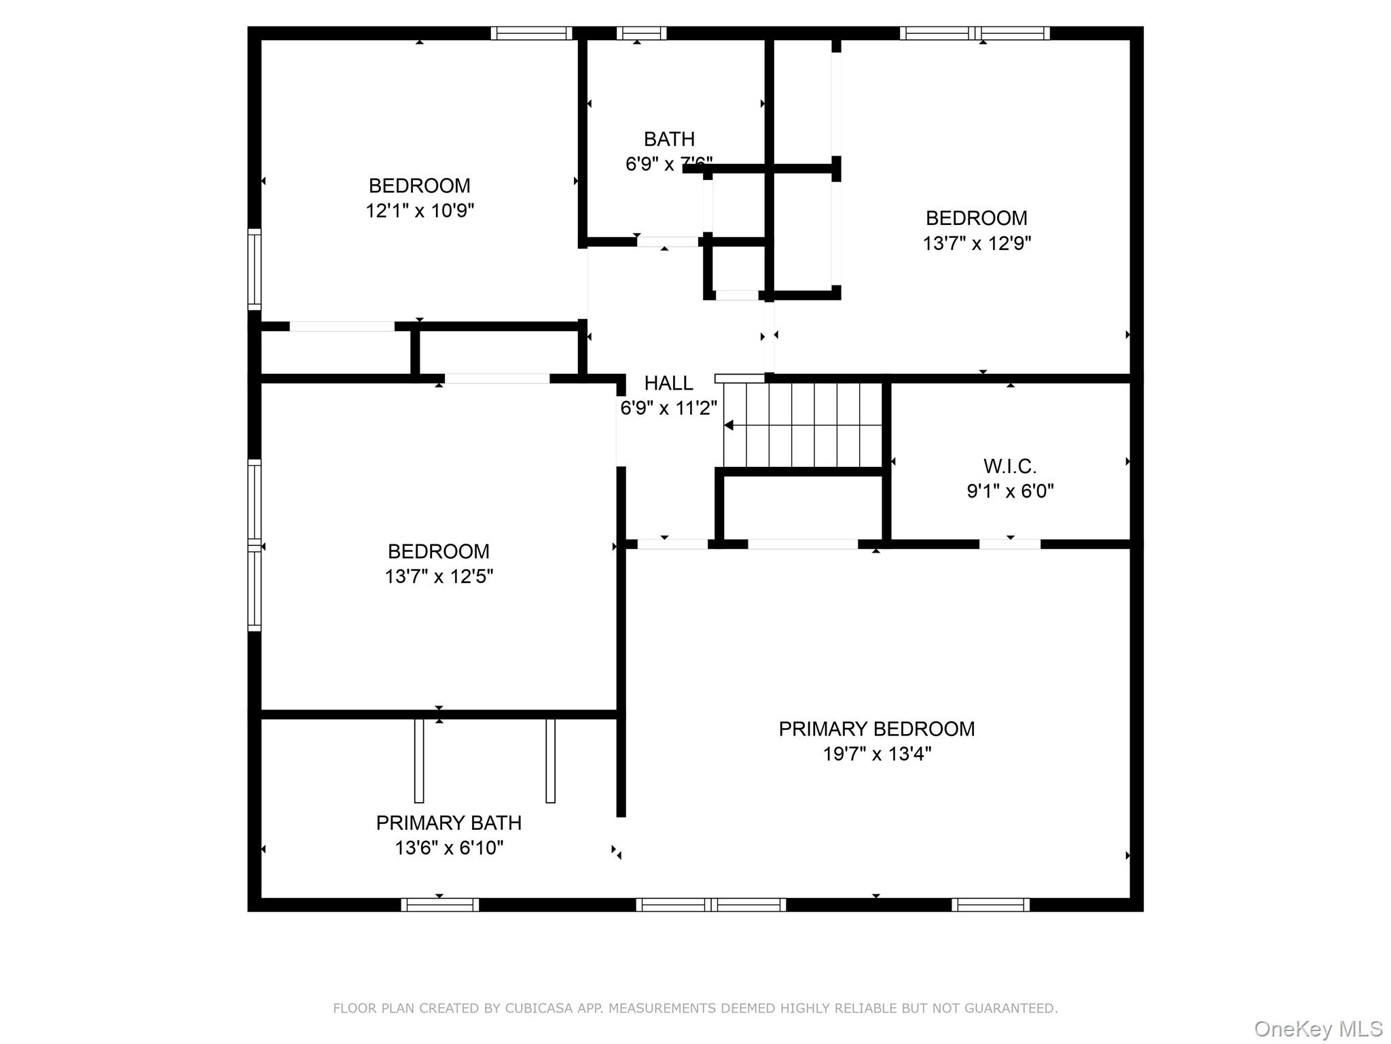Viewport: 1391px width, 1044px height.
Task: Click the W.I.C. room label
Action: pyautogui.click(x=1010, y=466)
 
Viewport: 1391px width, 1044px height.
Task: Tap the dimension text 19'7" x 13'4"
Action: pyautogui.click(x=877, y=754)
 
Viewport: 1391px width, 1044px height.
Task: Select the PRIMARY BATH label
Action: pyautogui.click(x=449, y=822)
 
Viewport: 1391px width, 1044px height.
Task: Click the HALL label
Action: pyautogui.click(x=668, y=383)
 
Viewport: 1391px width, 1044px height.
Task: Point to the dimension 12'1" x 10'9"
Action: pyautogui.click(x=420, y=211)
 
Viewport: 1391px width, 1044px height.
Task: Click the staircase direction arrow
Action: pyautogui.click(x=729, y=425)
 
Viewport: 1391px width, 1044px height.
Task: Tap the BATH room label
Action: pyautogui.click(x=669, y=139)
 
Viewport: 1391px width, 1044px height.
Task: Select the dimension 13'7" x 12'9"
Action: pyautogui.click(x=977, y=243)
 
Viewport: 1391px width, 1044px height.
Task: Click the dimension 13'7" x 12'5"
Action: pyautogui.click(x=439, y=576)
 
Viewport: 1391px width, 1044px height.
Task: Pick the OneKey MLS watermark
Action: pyautogui.click(x=1318, y=1029)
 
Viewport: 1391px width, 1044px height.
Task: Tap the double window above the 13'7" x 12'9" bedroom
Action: pyautogui.click(x=975, y=33)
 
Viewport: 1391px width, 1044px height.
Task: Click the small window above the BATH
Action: pyautogui.click(x=641, y=33)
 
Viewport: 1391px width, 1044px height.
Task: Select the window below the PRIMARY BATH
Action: pyautogui.click(x=439, y=905)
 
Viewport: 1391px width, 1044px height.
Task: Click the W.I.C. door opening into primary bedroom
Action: pyautogui.click(x=1009, y=544)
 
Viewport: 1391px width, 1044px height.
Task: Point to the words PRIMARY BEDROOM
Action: pyautogui.click(x=877, y=729)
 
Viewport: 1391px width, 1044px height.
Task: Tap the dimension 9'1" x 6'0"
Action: pyautogui.click(x=1010, y=491)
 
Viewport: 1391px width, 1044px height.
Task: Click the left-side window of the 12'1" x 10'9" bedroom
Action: pyautogui.click(x=254, y=269)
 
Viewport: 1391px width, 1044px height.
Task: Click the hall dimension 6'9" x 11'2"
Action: pyautogui.click(x=668, y=408)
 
